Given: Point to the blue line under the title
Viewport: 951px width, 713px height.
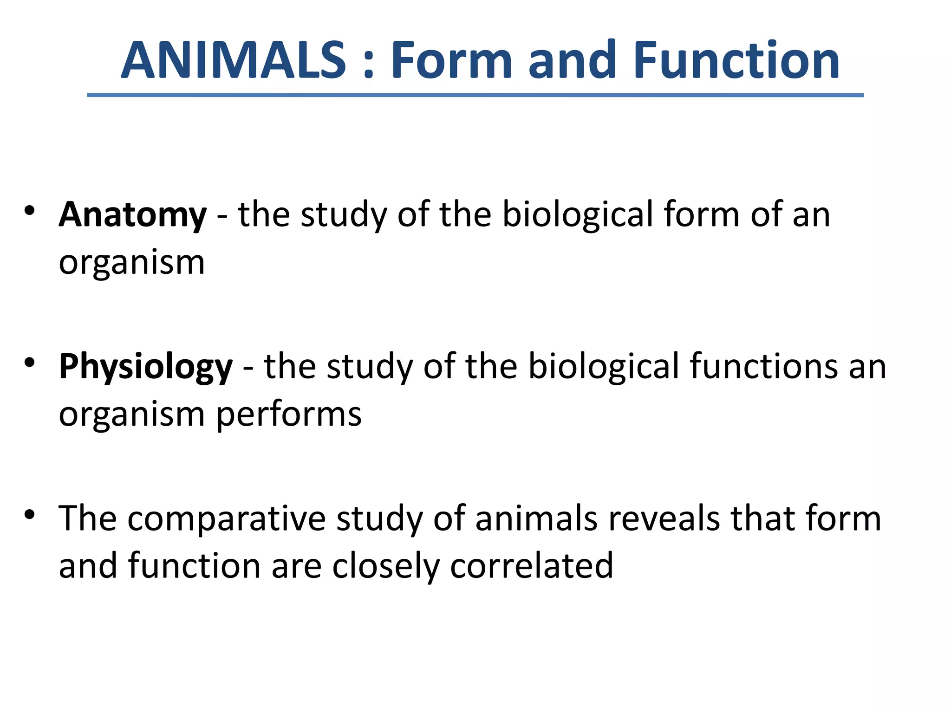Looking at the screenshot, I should pos(475,95).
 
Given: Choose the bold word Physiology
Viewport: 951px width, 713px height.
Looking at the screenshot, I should pos(146,367).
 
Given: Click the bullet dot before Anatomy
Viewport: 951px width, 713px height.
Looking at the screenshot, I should pos(30,211).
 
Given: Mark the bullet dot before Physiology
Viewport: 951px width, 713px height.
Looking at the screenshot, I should pos(30,363).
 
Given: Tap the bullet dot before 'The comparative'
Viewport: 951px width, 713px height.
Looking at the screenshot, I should pos(30,514).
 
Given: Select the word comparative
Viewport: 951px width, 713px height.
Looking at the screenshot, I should pos(227,519).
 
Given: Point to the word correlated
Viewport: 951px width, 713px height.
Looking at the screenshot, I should pos(532,566).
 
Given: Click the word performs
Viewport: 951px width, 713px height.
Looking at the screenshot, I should pos(289,415).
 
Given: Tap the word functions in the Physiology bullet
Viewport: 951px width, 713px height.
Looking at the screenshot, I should pos(764,366).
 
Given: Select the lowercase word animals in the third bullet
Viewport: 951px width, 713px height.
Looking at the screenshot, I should pos(536,518).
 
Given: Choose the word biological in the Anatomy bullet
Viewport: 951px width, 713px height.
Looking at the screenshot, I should pos(578,214).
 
